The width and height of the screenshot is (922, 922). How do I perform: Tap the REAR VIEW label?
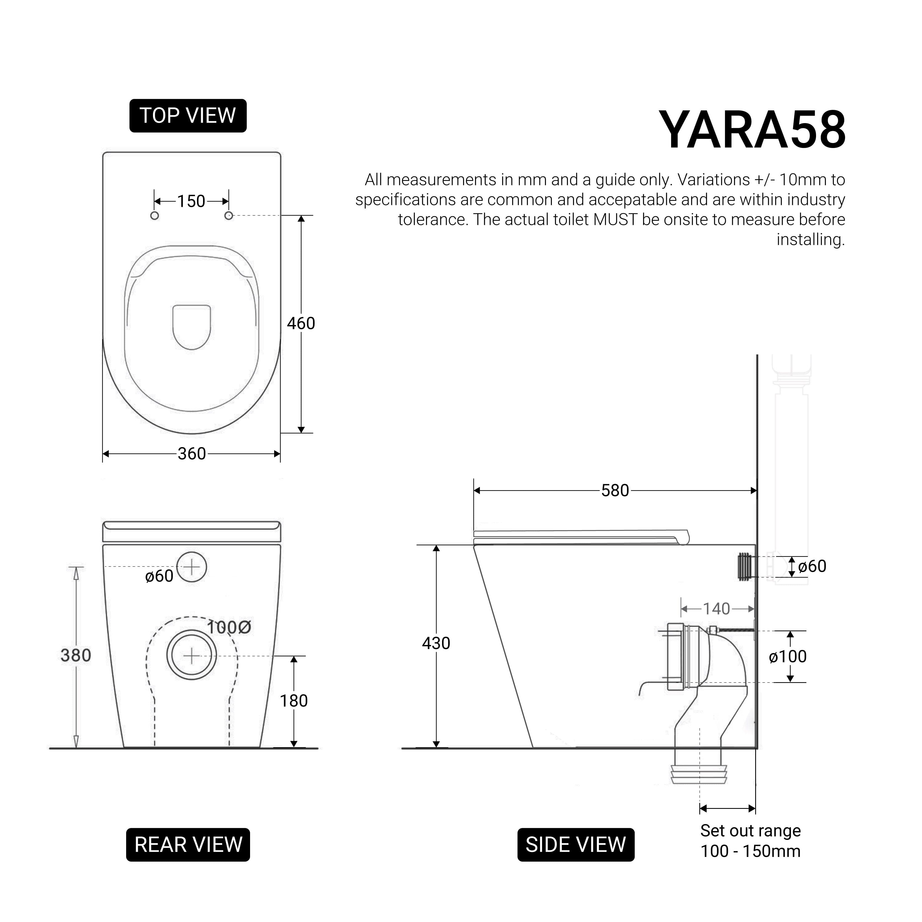click(188, 845)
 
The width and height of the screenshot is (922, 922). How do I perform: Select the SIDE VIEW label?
click(576, 845)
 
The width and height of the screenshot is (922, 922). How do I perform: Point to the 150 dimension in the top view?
click(191, 201)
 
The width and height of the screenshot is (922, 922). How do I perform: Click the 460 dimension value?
click(301, 324)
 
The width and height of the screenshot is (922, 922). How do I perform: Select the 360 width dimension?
click(192, 453)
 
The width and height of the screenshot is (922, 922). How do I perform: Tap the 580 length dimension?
click(615, 490)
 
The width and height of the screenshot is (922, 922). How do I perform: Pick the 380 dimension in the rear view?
click(76, 655)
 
